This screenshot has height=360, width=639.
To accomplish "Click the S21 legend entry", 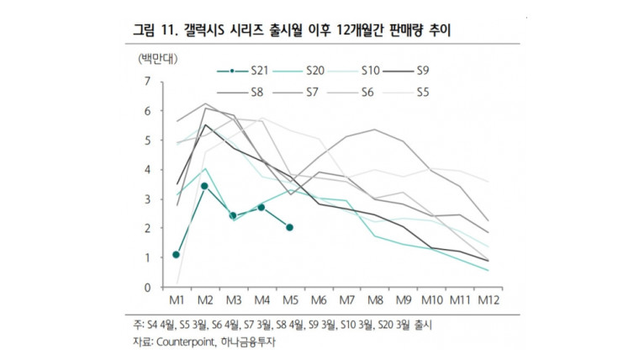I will pyautogui.click(x=259, y=71).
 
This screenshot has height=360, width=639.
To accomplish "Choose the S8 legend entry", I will pyautogui.click(x=259, y=93).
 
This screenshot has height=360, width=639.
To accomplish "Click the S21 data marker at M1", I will pyautogui.click(x=177, y=254).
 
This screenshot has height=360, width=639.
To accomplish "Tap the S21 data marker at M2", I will pyautogui.click(x=204, y=186).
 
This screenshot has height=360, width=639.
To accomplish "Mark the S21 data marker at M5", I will pyautogui.click(x=290, y=227).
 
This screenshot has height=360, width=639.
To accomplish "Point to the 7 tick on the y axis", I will pyautogui.click(x=148, y=82).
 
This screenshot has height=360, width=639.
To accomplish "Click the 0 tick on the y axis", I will pyautogui.click(x=148, y=288).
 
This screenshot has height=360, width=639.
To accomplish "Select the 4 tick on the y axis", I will pyautogui.click(x=148, y=170).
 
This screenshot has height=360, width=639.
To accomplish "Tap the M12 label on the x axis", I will pyautogui.click(x=488, y=300).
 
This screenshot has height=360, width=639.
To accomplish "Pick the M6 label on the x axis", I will pyautogui.click(x=318, y=300).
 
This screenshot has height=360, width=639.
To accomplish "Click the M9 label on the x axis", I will pyautogui.click(x=403, y=300).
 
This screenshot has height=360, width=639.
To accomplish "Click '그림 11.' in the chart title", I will pyautogui.click(x=154, y=31).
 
